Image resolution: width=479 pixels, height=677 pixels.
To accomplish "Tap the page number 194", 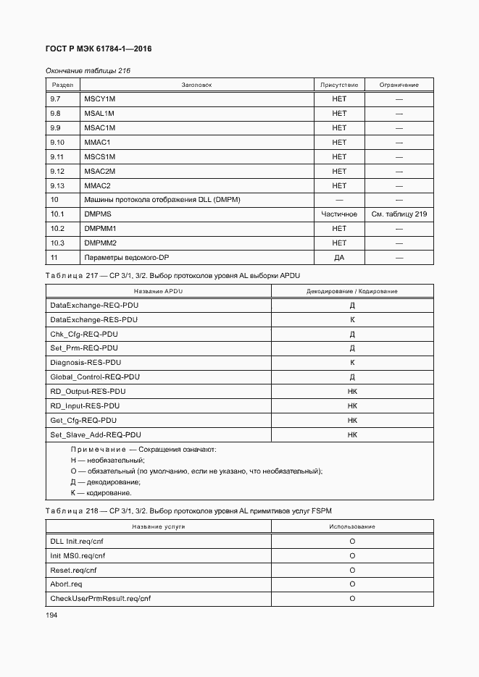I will tap(51, 614).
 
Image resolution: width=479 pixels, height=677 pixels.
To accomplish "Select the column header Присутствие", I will tap(339, 85).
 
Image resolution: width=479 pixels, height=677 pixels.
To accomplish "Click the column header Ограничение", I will tap(399, 85).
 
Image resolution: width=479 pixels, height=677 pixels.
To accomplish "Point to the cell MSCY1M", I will tap(99, 99).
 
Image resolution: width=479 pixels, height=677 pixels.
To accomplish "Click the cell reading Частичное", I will tap(339, 214).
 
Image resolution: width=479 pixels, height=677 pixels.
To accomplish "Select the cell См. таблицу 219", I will tap(399, 214).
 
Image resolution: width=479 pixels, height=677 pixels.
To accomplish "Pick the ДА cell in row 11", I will tap(339, 258).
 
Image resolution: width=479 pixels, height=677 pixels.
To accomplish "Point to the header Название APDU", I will tap(158, 291).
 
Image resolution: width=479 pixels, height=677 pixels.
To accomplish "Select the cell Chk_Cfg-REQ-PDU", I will tap(83, 334).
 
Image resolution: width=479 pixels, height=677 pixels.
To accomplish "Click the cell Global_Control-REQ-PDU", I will tap(94, 377).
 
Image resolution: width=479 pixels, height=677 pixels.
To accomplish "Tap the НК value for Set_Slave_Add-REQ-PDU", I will tap(352, 434).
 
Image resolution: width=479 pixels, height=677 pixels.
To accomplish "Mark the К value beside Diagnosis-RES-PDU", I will tap(352, 363).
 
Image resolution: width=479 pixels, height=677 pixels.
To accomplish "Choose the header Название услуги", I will tap(158, 526).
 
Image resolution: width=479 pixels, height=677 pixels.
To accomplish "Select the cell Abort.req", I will tap(66, 584).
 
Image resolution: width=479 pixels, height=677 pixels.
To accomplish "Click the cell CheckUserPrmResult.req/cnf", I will tap(100, 599).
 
